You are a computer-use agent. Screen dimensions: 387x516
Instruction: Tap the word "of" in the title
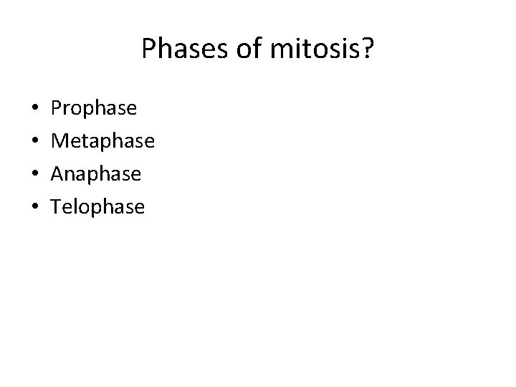click(x=236, y=49)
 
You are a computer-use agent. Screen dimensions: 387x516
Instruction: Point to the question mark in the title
click(x=366, y=49)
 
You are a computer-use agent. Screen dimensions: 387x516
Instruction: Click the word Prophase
click(x=94, y=109)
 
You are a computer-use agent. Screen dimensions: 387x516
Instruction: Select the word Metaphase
click(x=103, y=141)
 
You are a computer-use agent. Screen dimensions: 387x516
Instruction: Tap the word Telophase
click(x=98, y=207)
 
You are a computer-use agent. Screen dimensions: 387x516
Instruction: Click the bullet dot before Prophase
click(x=36, y=110)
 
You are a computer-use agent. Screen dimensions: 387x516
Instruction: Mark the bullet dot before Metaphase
click(x=36, y=143)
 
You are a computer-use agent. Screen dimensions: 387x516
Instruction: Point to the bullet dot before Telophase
click(x=36, y=209)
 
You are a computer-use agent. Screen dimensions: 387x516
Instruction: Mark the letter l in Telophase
click(x=75, y=206)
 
